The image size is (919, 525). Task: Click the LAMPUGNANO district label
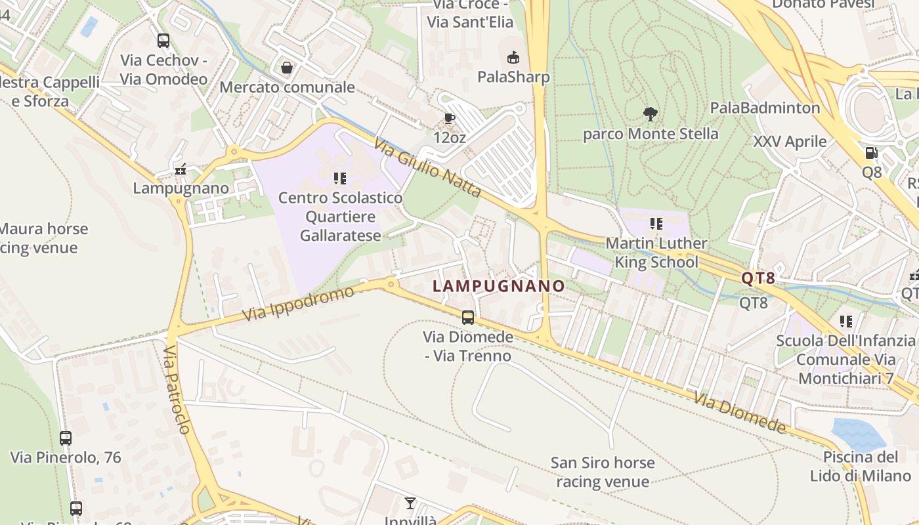[499, 286]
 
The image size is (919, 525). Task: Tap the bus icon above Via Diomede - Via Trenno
[468, 318]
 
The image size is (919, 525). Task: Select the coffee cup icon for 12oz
[449, 118]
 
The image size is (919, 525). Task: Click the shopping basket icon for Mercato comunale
[287, 68]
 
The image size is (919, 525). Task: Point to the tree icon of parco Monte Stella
[651, 114]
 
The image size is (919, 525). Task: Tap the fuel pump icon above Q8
[872, 153]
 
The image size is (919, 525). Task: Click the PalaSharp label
[513, 77]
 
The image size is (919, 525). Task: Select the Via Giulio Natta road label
[428, 168]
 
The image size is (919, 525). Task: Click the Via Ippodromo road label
[298, 304]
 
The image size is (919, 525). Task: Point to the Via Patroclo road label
[177, 390]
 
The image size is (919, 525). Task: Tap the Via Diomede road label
[740, 413]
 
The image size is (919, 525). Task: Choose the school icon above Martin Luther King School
[656, 224]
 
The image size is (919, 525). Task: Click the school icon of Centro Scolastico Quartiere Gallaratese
[340, 178]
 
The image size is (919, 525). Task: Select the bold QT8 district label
[758, 278]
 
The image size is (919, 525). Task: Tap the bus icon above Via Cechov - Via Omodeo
[163, 41]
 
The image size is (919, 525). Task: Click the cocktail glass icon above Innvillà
[410, 503]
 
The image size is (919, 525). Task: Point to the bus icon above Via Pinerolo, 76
[66, 438]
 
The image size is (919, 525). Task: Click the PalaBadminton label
[765, 108]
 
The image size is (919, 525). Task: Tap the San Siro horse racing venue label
[603, 472]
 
